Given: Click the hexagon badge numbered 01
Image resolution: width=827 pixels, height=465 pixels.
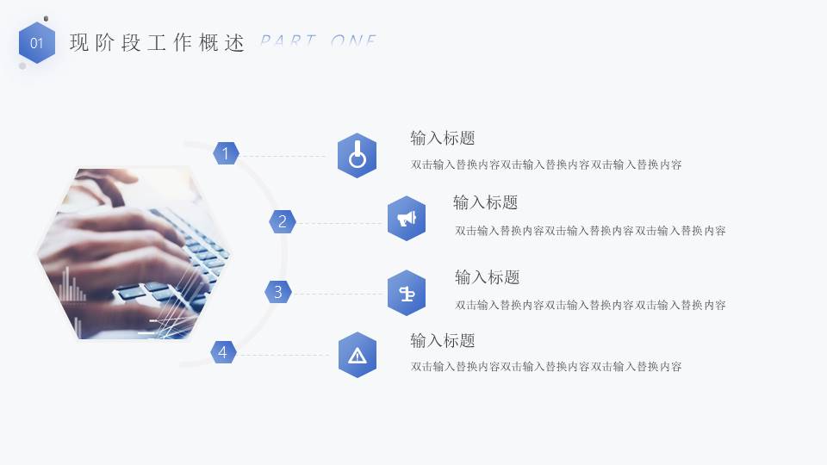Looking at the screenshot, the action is coord(37,43).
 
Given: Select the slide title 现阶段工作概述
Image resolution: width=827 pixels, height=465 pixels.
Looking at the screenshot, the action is coord(157,43).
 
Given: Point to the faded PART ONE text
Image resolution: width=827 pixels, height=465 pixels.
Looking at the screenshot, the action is coord(319,41).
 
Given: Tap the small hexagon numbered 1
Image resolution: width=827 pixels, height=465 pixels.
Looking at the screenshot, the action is coord(226,154).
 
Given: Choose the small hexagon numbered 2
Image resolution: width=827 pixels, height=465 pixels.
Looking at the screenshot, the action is coord(283,221).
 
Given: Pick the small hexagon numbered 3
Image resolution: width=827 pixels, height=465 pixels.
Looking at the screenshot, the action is coord(277,292).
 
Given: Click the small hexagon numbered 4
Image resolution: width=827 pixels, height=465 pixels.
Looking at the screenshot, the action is coord(223,351).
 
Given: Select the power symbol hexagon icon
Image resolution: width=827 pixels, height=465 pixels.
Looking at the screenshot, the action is coord(357,156).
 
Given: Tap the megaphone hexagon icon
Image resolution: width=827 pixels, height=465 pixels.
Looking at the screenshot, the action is coord(407,219).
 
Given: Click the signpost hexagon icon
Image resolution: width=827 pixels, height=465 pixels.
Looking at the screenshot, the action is coord(407,293).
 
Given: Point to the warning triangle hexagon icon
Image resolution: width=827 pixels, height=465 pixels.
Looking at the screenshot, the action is coord(358,355).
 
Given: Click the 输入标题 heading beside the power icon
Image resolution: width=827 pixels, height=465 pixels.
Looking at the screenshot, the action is coord(443,138).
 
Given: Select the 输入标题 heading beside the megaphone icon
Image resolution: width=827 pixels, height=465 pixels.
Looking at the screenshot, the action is coord(486,202).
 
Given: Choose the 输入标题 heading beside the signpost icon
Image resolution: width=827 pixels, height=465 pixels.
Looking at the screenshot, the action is coord(488,277).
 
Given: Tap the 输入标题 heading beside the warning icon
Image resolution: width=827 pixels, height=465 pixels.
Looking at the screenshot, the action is coord(443,340).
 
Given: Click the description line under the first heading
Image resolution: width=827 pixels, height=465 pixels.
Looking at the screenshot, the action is coord(546,164).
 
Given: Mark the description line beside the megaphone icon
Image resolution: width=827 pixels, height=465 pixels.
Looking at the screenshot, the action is coord(590,230).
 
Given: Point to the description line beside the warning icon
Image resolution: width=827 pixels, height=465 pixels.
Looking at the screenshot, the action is coord(546,367).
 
